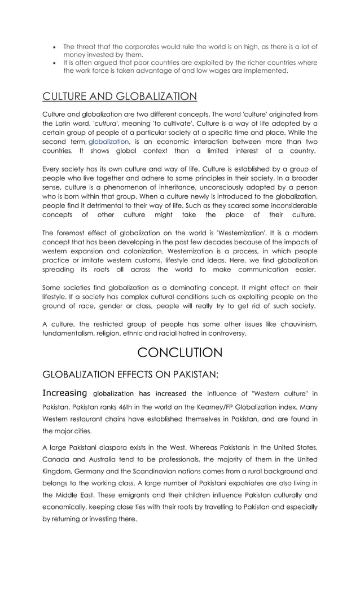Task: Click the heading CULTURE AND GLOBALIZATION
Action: coord(120,96)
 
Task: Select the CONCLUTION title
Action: coord(180,353)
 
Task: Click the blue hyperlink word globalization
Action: coord(108,142)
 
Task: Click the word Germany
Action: coord(90,471)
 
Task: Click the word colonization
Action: coord(131,251)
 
